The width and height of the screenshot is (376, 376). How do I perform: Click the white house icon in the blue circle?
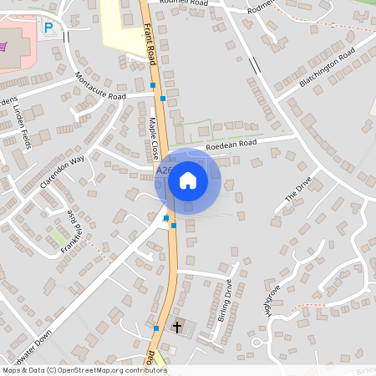pos(188,180)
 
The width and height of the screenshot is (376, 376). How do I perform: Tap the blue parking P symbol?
pos(48,28)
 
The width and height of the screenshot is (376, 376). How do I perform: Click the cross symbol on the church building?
pos(176,326)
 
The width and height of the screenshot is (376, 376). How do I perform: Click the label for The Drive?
pos(298,190)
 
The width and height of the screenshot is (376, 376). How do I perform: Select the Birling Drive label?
pos(223,301)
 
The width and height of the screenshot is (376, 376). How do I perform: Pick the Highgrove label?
pos(272,301)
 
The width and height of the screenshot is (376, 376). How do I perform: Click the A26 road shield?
pos(165,170)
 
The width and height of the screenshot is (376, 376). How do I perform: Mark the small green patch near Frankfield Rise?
pos(58,238)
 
